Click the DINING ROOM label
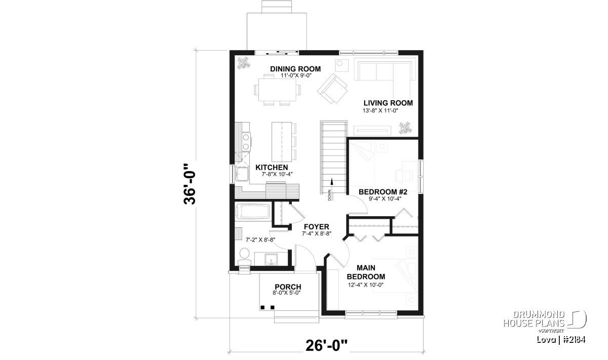pos(295,69)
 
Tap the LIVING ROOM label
pos(388,103)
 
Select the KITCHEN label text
pos(272,168)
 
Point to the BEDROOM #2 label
pos(383,192)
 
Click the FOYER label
pos(317,227)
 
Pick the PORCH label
pos(288,287)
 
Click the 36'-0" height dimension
pos(189,184)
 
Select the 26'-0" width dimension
pos(326,345)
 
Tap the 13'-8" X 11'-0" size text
pos(381,111)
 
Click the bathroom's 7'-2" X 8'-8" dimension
pos(260,240)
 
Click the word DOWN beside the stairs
pos(329,195)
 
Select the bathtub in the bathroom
pos(253,211)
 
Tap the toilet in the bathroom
pos(245,257)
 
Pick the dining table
pos(277,90)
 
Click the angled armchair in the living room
pos(332,89)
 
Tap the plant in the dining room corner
pos(244,63)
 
